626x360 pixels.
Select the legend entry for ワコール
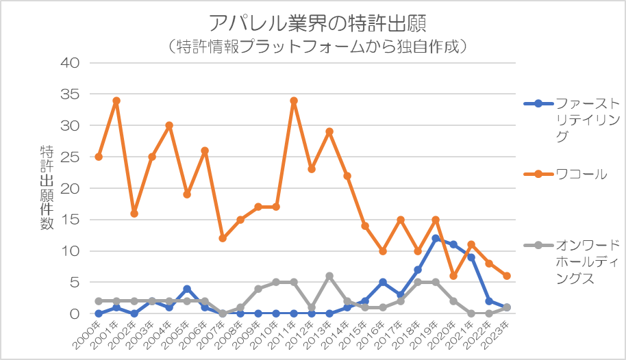581,174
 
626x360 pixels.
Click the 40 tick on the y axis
71,63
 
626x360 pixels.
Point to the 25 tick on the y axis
71,157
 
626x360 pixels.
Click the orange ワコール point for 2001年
116,101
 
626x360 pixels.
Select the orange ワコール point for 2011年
294,101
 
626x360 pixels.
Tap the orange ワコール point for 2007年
223,238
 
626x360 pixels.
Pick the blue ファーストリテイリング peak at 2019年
436,238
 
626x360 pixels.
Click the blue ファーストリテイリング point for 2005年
187,289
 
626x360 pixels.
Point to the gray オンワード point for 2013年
329,276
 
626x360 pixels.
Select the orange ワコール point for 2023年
507,276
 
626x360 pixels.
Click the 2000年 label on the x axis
90,331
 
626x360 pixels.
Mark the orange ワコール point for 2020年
453,276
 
